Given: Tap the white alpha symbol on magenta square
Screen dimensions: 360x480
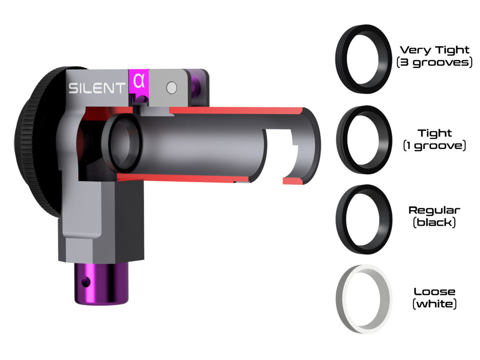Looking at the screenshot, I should point(139,81).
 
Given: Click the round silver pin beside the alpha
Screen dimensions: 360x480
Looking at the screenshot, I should point(172,87).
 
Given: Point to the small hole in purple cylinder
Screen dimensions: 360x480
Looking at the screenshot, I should point(84,283).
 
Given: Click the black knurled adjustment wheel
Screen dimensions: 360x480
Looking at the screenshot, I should point(37,141).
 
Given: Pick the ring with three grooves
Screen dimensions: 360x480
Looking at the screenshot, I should point(364,59).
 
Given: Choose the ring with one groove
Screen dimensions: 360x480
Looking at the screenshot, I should point(364,140).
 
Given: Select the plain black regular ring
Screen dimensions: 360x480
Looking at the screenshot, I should point(364,219).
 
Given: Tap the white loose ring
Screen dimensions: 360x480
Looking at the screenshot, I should point(364,299).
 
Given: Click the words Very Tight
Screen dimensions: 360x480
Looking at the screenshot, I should point(435,50).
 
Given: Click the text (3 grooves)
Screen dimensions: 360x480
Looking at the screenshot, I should point(435,62).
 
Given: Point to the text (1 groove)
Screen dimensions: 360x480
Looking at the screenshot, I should point(435,146).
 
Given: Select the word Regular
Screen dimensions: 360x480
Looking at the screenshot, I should point(435,210).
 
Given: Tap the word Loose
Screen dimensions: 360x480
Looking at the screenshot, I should point(435,292).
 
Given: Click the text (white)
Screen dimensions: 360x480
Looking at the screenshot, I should point(435,304).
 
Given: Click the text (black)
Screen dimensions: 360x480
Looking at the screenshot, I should point(435,222).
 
